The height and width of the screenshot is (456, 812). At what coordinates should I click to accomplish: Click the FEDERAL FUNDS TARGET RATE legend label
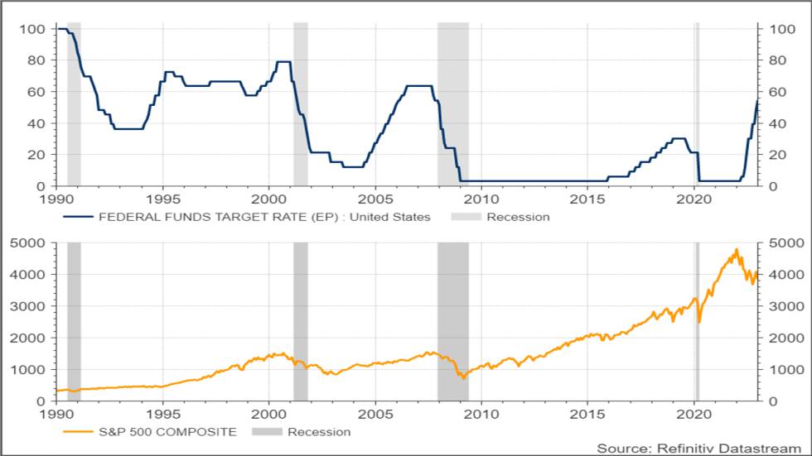264,217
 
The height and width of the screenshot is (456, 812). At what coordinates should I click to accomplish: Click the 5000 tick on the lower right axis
783,243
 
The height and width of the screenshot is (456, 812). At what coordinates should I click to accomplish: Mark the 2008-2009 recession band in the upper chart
452,103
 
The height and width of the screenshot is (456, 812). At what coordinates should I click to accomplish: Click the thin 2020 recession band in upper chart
697,103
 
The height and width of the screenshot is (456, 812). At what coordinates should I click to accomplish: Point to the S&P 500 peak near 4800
736,249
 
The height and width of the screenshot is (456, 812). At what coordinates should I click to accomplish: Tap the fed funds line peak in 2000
283,61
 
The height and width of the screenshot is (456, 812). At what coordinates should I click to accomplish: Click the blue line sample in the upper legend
78,217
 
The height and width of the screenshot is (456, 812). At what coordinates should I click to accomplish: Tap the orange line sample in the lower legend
78,431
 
